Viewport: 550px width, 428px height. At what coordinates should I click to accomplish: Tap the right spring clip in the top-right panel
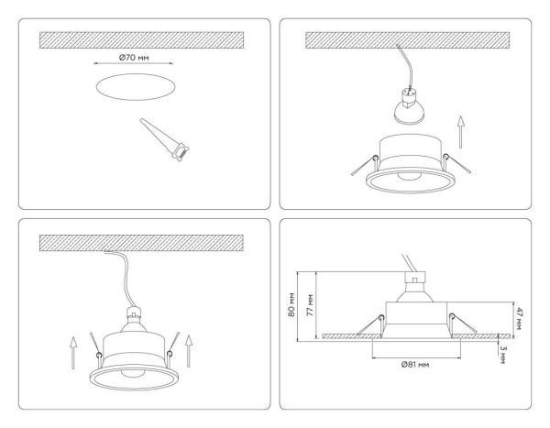pyautogui.click(x=452, y=162)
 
